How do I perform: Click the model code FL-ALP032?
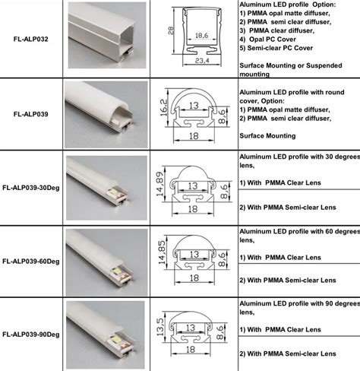coord(33,37)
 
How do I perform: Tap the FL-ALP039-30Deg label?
coord(31,185)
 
